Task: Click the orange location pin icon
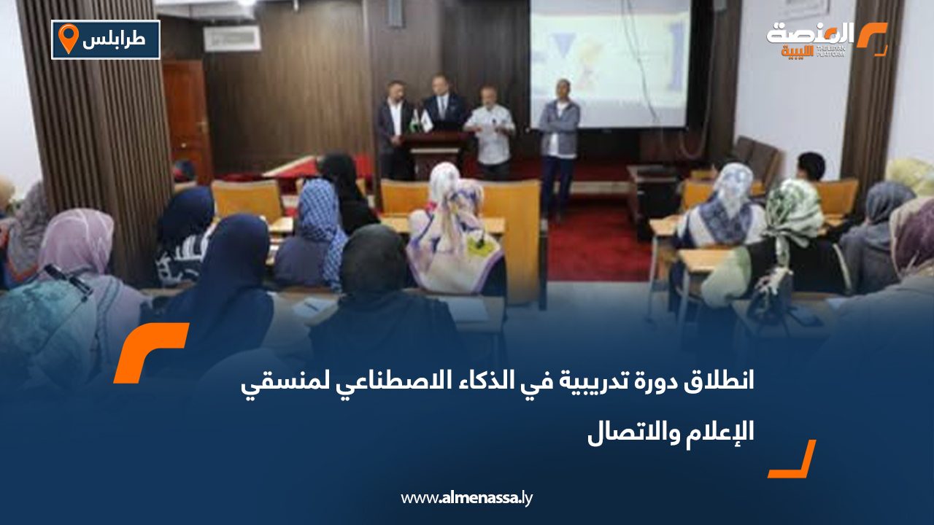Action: click(x=68, y=38)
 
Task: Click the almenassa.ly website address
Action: click(x=467, y=498)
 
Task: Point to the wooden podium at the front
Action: click(x=436, y=153)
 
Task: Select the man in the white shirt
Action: click(x=490, y=131)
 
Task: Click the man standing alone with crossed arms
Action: click(x=559, y=142)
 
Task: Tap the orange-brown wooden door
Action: click(x=187, y=117)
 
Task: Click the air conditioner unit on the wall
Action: click(x=232, y=39)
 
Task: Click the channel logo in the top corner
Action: click(x=827, y=39)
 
